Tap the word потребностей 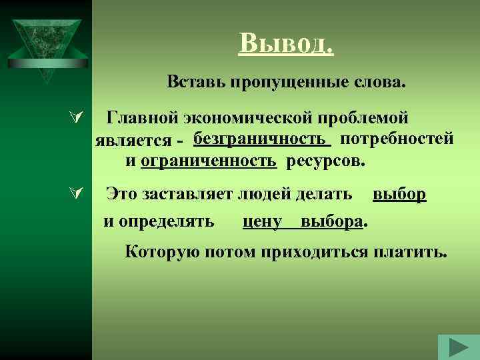tap(397, 139)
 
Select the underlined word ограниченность tap(209, 161)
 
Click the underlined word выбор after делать tap(399, 194)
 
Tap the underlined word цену tap(263, 221)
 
